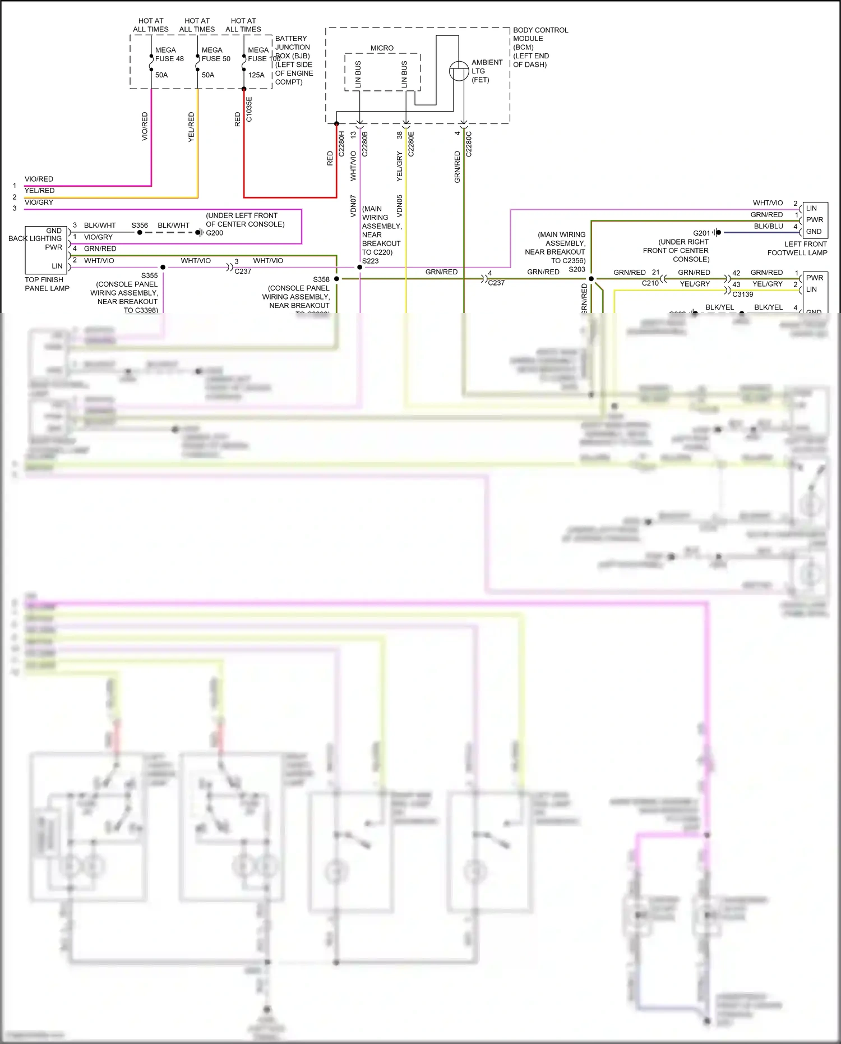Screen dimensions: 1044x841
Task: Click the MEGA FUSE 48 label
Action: pyautogui.click(x=169, y=54)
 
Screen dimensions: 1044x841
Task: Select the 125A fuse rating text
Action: pyautogui.click(x=256, y=75)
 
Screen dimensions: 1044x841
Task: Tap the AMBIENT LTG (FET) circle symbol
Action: pyautogui.click(x=459, y=71)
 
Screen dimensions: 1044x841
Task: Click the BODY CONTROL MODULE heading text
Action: pyautogui.click(x=540, y=34)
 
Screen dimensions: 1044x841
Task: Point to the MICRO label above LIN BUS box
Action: pyautogui.click(x=382, y=48)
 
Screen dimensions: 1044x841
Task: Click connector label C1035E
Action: pyautogui.click(x=249, y=109)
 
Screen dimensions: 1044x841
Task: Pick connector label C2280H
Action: pyautogui.click(x=341, y=144)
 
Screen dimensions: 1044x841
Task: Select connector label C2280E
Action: pyautogui.click(x=411, y=144)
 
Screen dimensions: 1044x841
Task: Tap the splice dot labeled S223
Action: pyautogui.click(x=360, y=267)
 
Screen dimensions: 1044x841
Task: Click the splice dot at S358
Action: pyautogui.click(x=336, y=279)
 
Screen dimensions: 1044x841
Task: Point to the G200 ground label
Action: pyautogui.click(x=214, y=233)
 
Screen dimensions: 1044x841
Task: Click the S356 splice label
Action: pyautogui.click(x=140, y=226)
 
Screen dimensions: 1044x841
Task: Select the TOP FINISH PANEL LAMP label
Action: pyautogui.click(x=47, y=284)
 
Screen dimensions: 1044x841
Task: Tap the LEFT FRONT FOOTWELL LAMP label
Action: pyautogui.click(x=797, y=249)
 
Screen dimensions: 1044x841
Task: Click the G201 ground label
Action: pyautogui.click(x=701, y=233)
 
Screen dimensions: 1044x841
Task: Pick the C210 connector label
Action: pyautogui.click(x=650, y=283)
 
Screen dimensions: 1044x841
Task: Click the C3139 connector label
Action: pyautogui.click(x=742, y=294)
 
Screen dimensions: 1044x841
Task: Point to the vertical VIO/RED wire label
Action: pyautogui.click(x=145, y=126)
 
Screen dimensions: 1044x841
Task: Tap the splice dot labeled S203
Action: pyautogui.click(x=591, y=278)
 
